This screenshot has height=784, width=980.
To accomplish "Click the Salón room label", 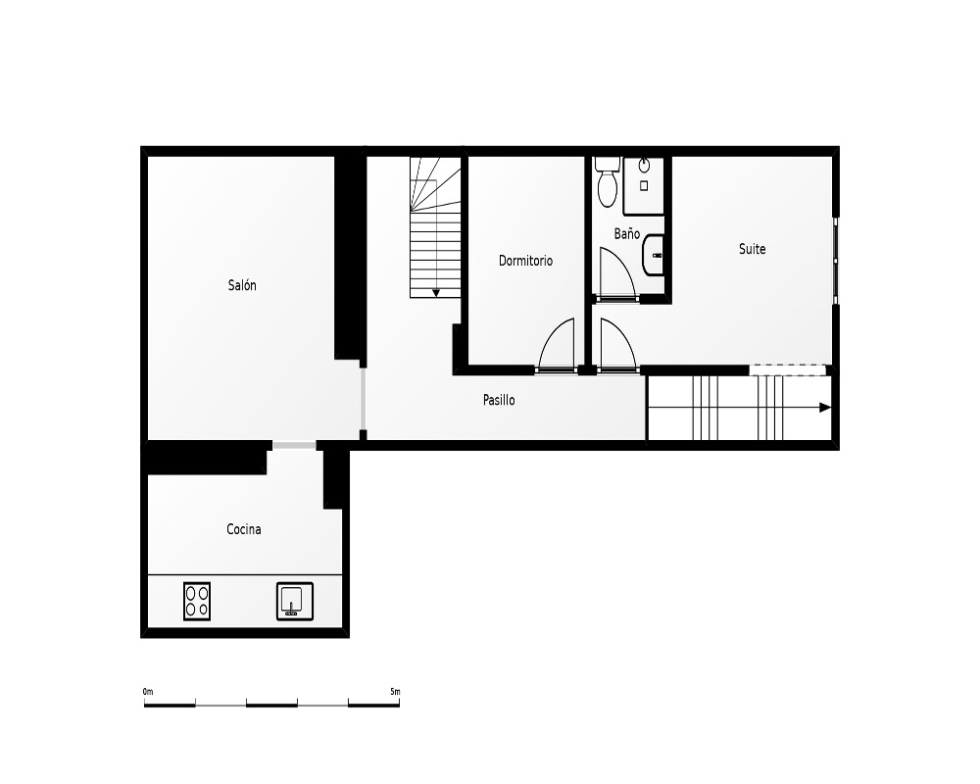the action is (x=242, y=285).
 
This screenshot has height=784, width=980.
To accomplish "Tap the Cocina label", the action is (x=244, y=529).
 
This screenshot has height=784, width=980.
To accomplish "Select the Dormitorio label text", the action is (x=525, y=261).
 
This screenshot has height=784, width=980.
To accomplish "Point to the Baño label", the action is (x=627, y=233).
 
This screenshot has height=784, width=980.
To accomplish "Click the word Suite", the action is (x=752, y=249).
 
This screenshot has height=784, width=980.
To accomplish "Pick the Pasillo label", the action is (x=499, y=400).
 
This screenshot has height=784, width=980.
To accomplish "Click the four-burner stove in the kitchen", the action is (x=197, y=601).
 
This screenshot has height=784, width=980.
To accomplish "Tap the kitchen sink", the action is (x=295, y=601).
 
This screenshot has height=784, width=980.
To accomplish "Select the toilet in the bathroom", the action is (x=607, y=182).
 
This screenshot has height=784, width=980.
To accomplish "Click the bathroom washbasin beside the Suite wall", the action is (x=653, y=255).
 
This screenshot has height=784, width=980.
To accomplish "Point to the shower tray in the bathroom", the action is (x=644, y=185).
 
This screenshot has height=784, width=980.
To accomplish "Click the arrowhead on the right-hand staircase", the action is (x=825, y=408).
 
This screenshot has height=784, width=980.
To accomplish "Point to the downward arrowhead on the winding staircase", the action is (x=436, y=293).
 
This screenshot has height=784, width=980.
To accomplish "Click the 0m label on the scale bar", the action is (x=148, y=692).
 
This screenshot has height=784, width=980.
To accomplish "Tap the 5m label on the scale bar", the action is (x=395, y=692).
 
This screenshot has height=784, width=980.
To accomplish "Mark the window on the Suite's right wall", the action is (x=836, y=261).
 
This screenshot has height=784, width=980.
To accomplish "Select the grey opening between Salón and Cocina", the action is (x=294, y=445).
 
